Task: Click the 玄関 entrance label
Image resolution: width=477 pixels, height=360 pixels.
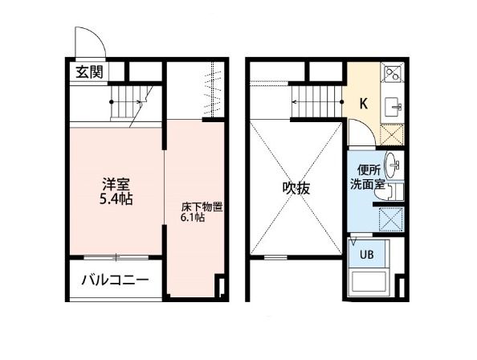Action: [89, 72]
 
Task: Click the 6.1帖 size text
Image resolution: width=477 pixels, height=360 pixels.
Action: [193, 218]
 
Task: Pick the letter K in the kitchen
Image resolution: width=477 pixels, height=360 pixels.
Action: [363, 103]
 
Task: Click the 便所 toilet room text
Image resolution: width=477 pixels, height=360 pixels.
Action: [368, 170]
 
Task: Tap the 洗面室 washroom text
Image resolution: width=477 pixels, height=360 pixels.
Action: [367, 184]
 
